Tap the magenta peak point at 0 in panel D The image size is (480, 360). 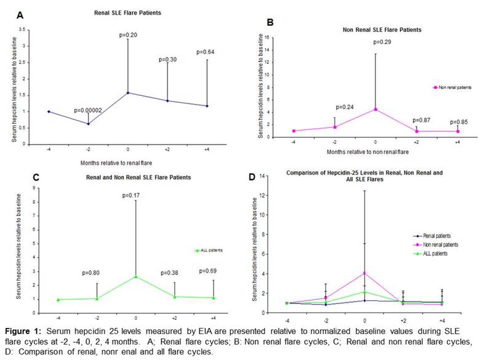coord(364,273)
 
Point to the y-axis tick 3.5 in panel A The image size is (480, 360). coord(23,30)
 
